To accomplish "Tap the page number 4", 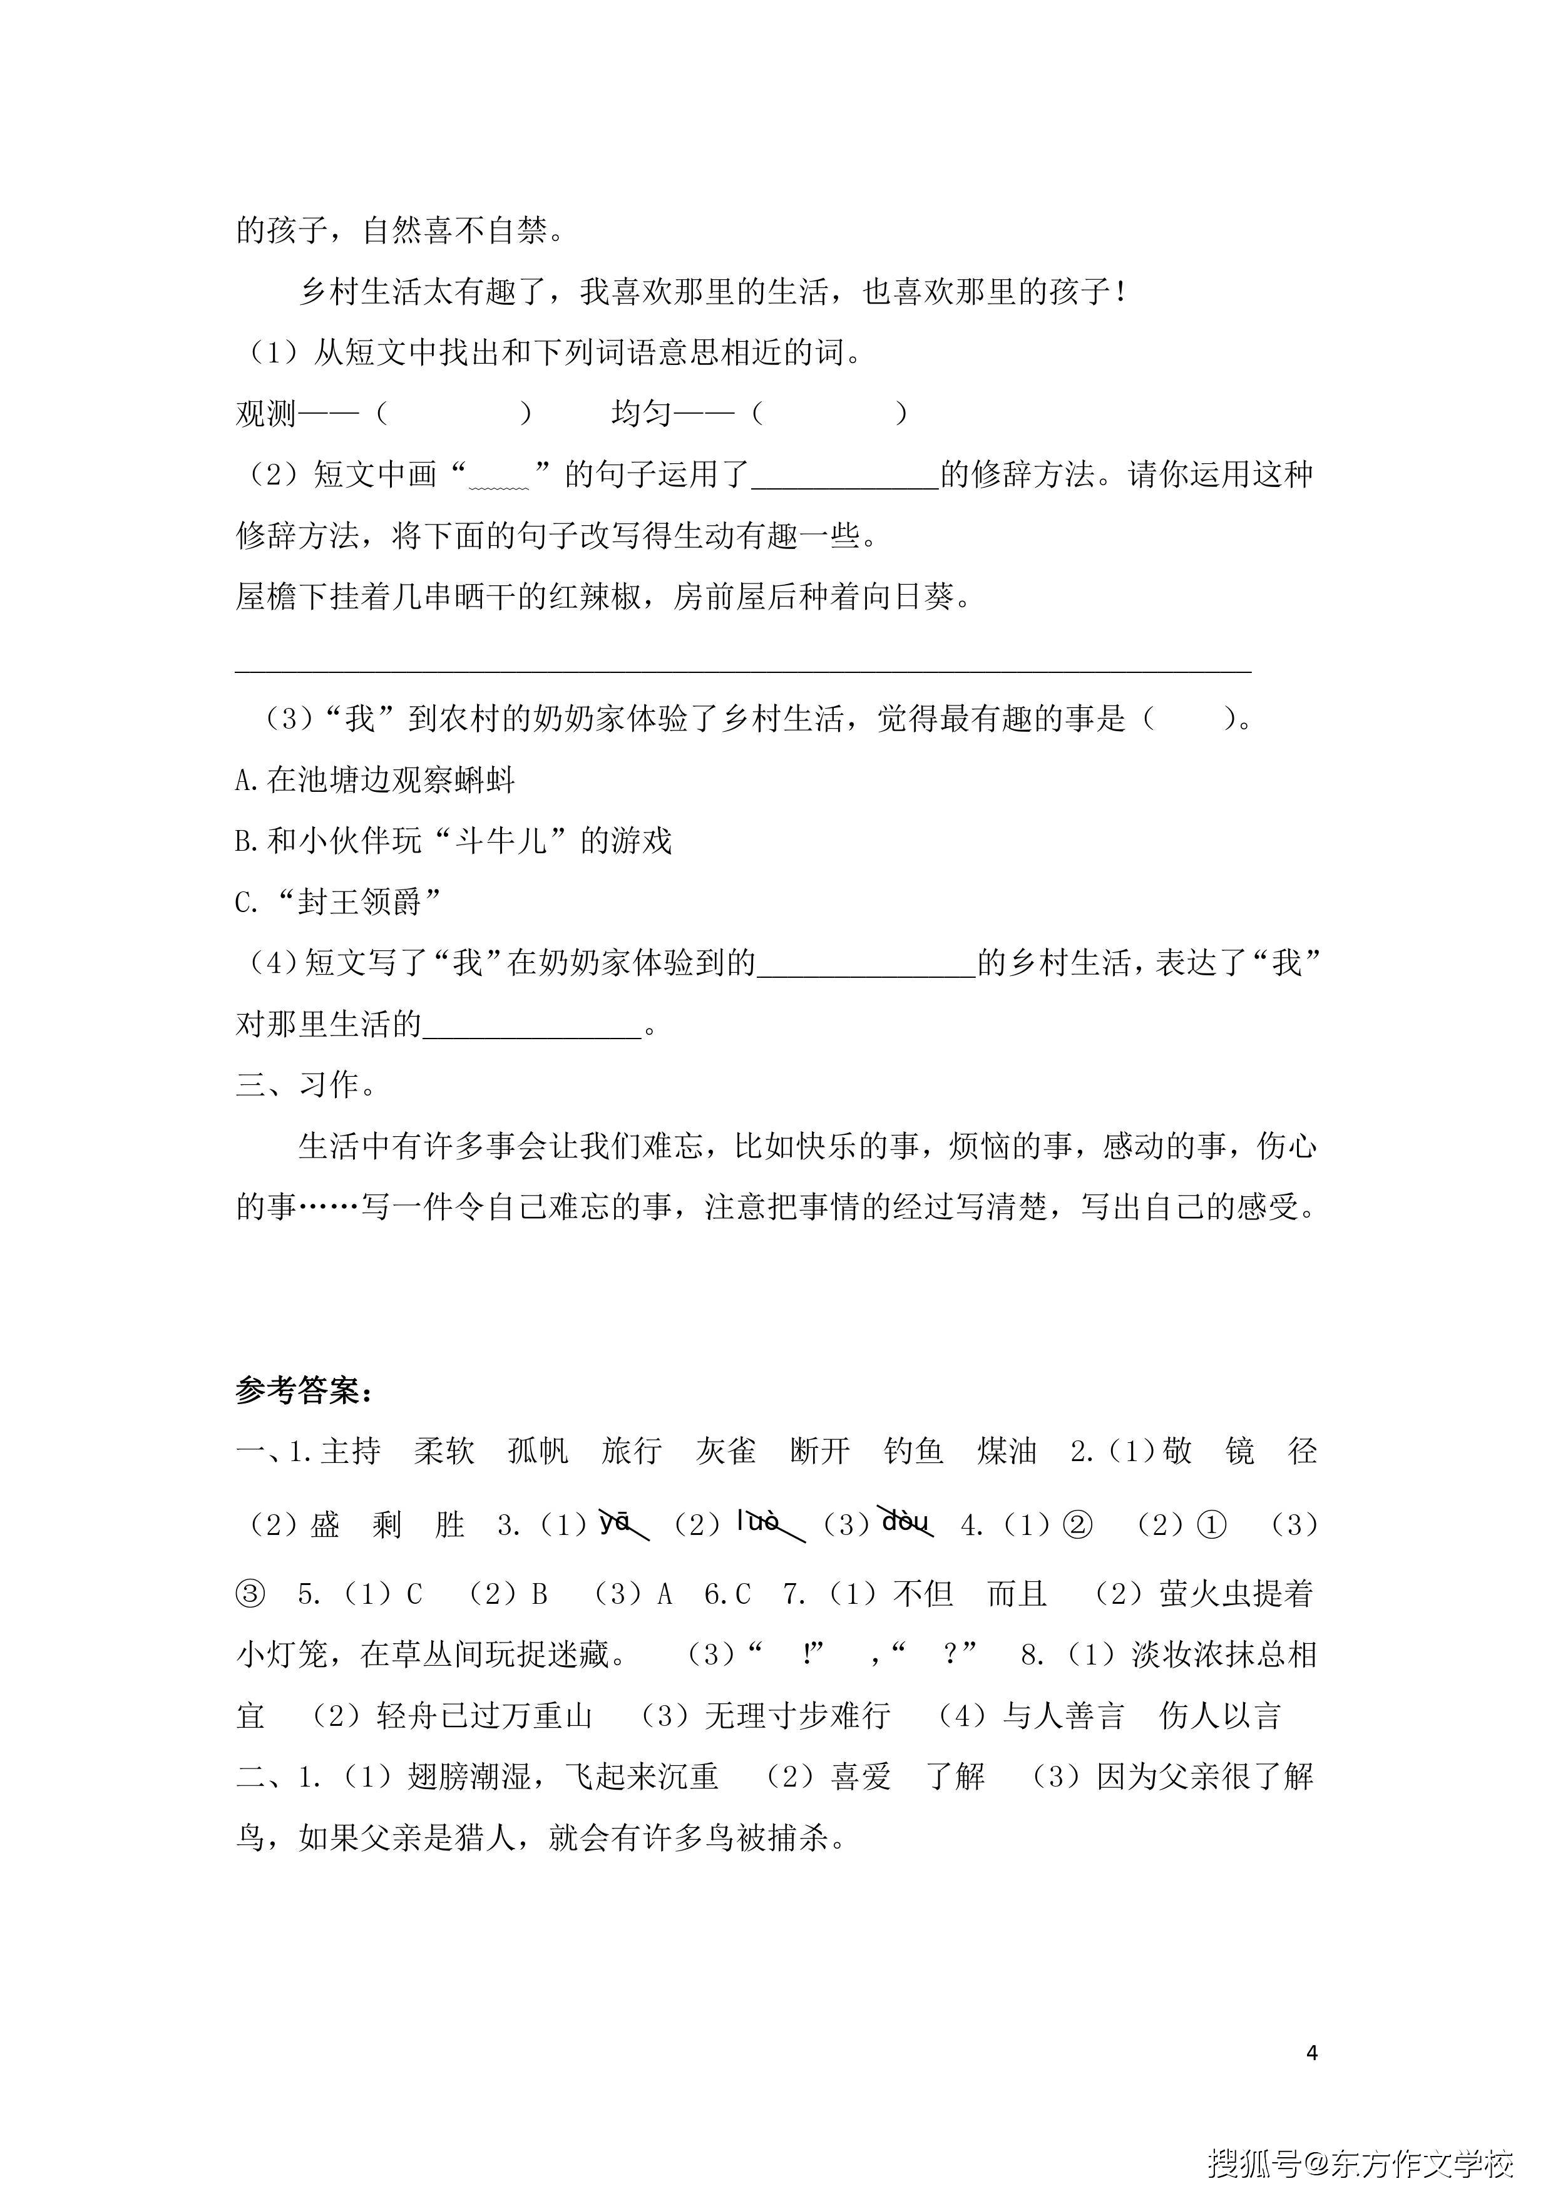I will click(1311, 2053).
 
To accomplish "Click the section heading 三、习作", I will click(306, 1085).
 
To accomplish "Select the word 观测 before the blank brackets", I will click(267, 413).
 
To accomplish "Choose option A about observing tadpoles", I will click(375, 781).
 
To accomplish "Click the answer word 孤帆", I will click(538, 1452).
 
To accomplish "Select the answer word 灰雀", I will click(726, 1452).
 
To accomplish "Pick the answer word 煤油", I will click(1007, 1452).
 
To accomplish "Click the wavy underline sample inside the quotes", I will click(498, 483).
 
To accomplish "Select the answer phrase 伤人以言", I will click(1219, 1717).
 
